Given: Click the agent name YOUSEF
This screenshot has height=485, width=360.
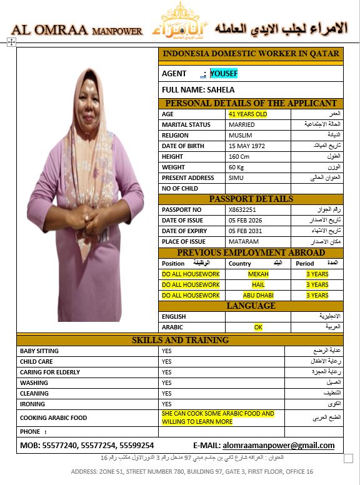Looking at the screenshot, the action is (x=224, y=74).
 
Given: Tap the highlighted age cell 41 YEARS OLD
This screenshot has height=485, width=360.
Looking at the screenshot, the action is (x=247, y=114).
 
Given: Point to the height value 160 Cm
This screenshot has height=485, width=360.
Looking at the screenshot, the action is (x=239, y=157).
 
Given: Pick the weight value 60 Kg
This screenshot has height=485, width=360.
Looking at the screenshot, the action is (x=236, y=167).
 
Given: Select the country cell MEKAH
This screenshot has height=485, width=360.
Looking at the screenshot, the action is (x=258, y=274).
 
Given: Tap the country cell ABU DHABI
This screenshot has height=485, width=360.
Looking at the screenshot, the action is (x=258, y=296).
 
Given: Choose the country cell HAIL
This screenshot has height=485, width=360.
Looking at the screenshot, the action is (x=258, y=285).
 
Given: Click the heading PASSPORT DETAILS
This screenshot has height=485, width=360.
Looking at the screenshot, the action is (x=251, y=199).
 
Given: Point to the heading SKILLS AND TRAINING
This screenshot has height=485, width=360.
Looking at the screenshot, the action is (x=180, y=340).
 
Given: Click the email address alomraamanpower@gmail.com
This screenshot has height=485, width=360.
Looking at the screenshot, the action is (x=287, y=446).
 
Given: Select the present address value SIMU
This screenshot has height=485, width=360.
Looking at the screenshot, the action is (x=236, y=178).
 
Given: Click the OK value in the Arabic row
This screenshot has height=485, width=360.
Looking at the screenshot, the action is (x=258, y=327).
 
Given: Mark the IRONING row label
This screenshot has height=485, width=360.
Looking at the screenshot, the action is (x=34, y=404).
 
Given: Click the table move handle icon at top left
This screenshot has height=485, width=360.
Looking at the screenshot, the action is (x=11, y=42).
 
